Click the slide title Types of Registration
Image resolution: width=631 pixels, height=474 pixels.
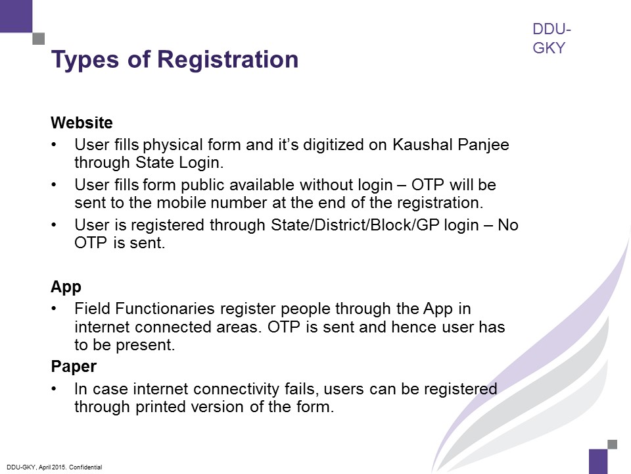pos(175,60)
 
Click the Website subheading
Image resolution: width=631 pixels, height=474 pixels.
pos(82,122)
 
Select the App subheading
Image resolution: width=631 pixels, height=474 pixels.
pos(66,287)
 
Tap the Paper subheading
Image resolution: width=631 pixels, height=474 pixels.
pos(74,366)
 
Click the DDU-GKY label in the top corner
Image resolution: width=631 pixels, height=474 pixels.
pos(551,39)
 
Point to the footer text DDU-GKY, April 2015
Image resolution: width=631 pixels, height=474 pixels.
pos(53,467)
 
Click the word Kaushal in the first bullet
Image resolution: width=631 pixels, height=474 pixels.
pos(416,145)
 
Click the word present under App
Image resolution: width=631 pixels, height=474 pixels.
pos(151,344)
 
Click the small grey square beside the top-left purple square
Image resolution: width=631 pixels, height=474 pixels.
pos(38,39)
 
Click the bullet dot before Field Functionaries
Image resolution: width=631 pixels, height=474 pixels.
pos(55,309)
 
